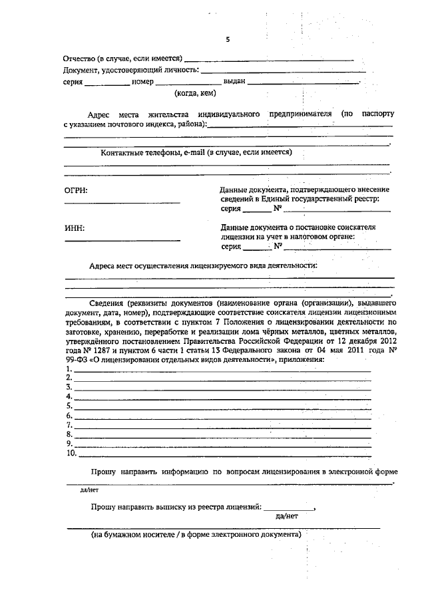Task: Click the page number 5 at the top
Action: coord(227,39)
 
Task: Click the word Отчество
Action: coord(79,59)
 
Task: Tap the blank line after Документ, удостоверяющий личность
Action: coord(283,71)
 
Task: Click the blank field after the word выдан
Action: coord(303,82)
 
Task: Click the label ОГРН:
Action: coord(76,191)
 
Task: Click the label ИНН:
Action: coord(75,229)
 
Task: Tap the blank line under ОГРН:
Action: coord(122,203)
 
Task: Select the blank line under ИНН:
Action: coord(122,240)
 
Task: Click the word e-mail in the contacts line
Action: coord(194,153)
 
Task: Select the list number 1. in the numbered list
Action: coord(69,369)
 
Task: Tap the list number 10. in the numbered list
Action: coord(71,454)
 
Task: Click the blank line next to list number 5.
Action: coord(223,406)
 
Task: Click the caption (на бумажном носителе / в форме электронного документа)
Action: coord(196,534)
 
